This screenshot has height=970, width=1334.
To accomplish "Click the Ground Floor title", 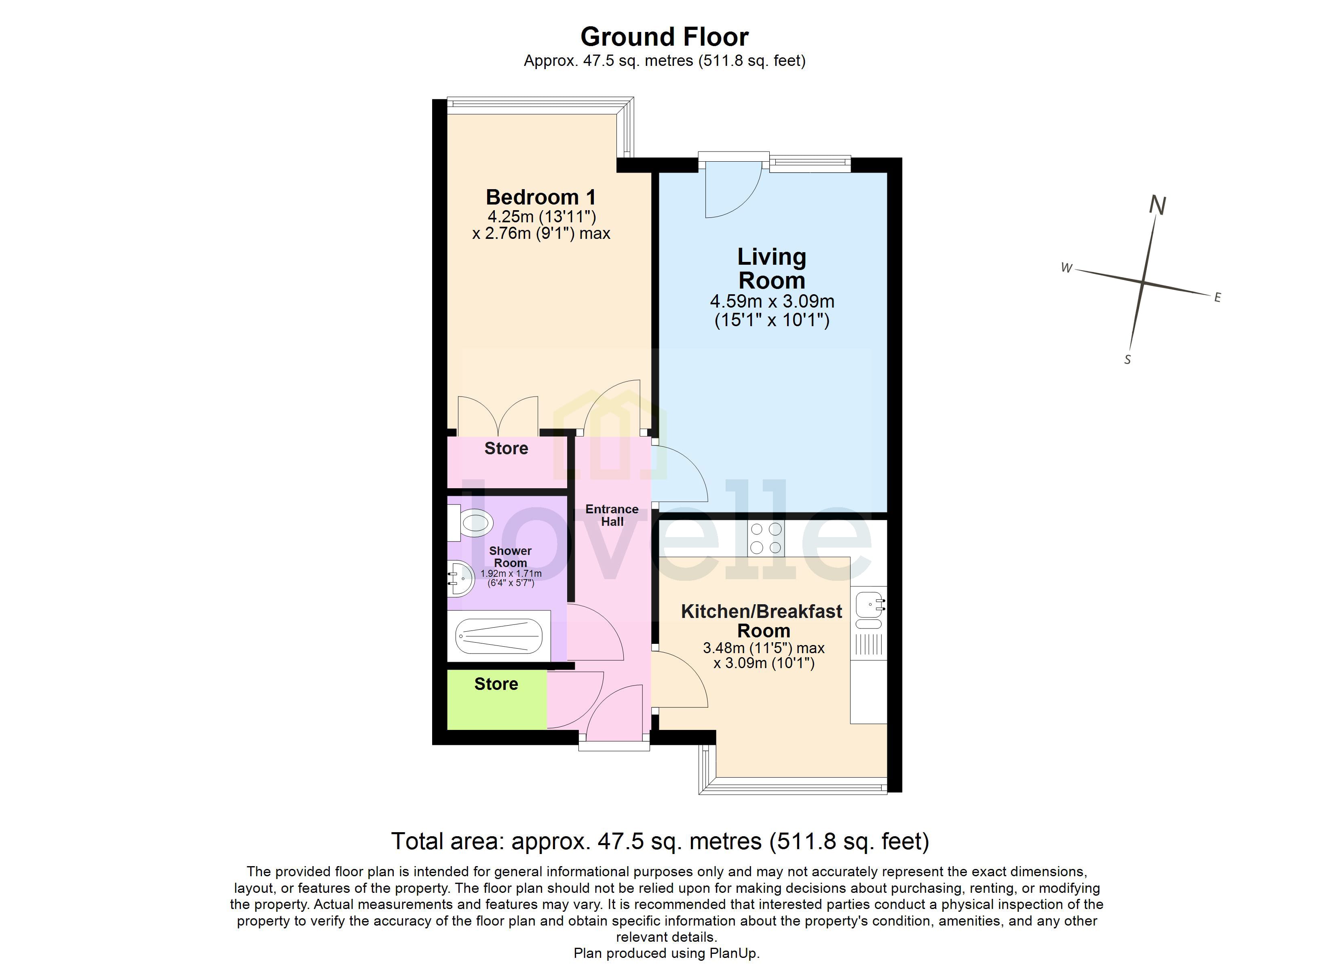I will pyautogui.click(x=664, y=37).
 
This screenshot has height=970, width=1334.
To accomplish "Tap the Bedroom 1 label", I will pyautogui.click(x=540, y=197).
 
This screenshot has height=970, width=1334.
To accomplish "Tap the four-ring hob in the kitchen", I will pyautogui.click(x=766, y=539).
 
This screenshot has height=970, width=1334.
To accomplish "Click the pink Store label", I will pyautogui.click(x=506, y=449).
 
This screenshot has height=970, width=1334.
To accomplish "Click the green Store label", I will pyautogui.click(x=496, y=684).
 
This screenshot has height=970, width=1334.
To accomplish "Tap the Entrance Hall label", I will pyautogui.click(x=612, y=515).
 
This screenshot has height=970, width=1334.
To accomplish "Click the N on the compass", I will pyautogui.click(x=1157, y=205).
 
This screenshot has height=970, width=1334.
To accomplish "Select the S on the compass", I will pyautogui.click(x=1127, y=359).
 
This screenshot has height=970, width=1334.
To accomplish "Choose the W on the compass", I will pyautogui.click(x=1066, y=268).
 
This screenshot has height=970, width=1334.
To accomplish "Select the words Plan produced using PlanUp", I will pyautogui.click(x=667, y=953).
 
